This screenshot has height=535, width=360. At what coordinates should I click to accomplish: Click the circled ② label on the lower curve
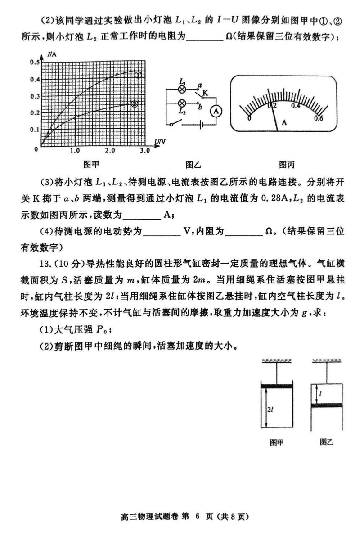[134, 104]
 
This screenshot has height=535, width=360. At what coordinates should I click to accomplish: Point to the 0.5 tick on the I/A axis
[35, 62]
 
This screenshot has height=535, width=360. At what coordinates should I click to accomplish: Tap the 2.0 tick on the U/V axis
[110, 150]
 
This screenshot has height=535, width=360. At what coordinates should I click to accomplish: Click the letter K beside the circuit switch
[205, 93]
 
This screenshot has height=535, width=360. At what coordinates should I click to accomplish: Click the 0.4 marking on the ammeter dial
[296, 106]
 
